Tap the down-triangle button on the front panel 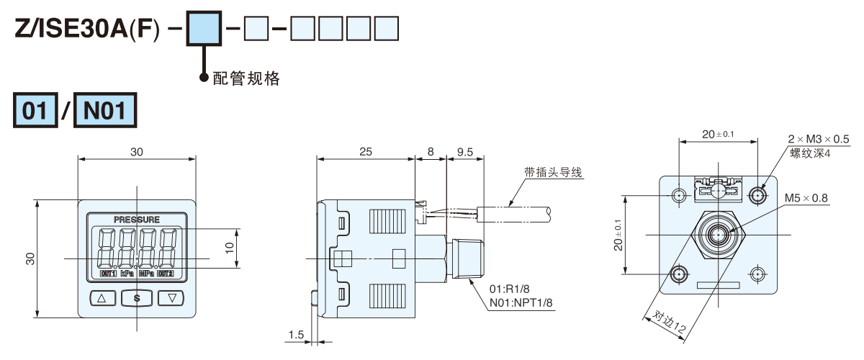(171, 297)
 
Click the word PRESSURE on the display (137, 219)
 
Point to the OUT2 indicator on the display (166, 274)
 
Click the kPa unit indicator (127, 274)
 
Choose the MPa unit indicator (146, 274)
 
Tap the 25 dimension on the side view (365, 152)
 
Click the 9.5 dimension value (464, 152)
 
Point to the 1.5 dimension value (296, 335)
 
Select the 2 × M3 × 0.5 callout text (819, 139)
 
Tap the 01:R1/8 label (509, 290)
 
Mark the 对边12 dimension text (669, 323)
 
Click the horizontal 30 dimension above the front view (137, 152)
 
